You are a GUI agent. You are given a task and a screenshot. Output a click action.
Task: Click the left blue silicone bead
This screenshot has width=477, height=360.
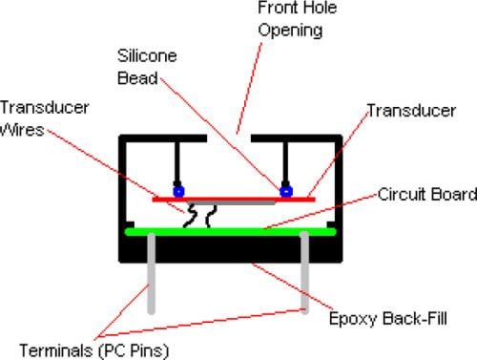coord(176,191)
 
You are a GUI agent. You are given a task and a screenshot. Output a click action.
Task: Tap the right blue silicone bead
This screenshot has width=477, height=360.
coord(284,192)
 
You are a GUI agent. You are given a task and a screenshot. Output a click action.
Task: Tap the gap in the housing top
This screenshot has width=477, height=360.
coord(230,139)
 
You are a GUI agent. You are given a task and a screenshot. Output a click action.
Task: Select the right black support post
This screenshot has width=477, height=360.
coord(284,162)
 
